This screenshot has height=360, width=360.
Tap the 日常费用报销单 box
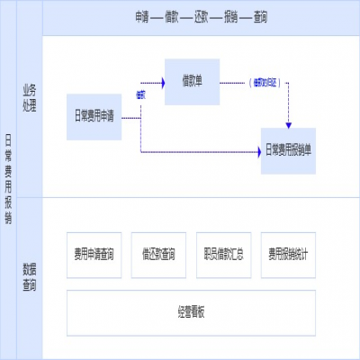pos(289,150)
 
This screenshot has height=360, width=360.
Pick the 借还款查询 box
pos(158,254)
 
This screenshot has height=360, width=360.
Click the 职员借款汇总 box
pos(223,254)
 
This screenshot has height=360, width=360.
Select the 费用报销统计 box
pos(288,254)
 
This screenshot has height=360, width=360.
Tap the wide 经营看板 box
pos(192,311)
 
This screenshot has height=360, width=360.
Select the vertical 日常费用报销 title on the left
pos(9,180)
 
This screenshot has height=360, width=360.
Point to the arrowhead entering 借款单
pos(162,82)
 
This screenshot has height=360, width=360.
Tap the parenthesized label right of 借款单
pos(265,82)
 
